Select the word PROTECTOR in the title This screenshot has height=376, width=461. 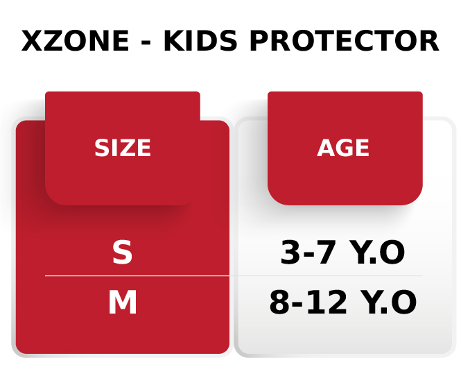tap(343, 42)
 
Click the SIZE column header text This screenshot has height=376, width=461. tap(123, 148)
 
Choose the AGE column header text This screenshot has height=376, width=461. tap(343, 148)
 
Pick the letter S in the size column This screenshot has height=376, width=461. tap(122, 253)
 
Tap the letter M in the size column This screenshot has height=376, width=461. tap(123, 303)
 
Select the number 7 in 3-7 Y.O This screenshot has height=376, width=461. tap(324, 253)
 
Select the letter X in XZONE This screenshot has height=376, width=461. tap(34, 42)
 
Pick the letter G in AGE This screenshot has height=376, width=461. tap(343, 148)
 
